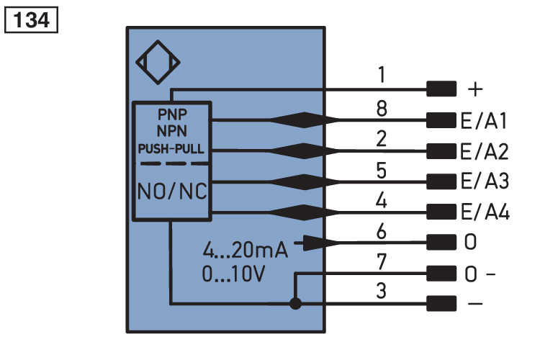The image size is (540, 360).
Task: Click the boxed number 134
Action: (31, 20)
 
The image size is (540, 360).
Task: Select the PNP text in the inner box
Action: (172, 114)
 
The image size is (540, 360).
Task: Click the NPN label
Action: (172, 131)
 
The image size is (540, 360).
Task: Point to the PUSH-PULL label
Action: (171, 149)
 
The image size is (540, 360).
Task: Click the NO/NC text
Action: (172, 192)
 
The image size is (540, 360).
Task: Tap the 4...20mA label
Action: (245, 250)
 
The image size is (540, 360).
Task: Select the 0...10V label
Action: (233, 274)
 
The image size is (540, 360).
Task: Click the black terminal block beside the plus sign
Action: (441, 89)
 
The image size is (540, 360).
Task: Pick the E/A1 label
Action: (484, 121)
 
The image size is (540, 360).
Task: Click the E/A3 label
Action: (485, 181)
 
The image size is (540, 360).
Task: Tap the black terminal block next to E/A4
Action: (441, 212)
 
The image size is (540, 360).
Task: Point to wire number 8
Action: (382, 109)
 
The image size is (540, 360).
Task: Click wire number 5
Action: (381, 170)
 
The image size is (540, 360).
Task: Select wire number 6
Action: (381, 232)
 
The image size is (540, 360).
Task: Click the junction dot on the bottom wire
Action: (295, 304)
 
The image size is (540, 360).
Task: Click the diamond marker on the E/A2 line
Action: (304, 151)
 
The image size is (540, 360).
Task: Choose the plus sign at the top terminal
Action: (475, 89)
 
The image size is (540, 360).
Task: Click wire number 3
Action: (381, 291)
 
